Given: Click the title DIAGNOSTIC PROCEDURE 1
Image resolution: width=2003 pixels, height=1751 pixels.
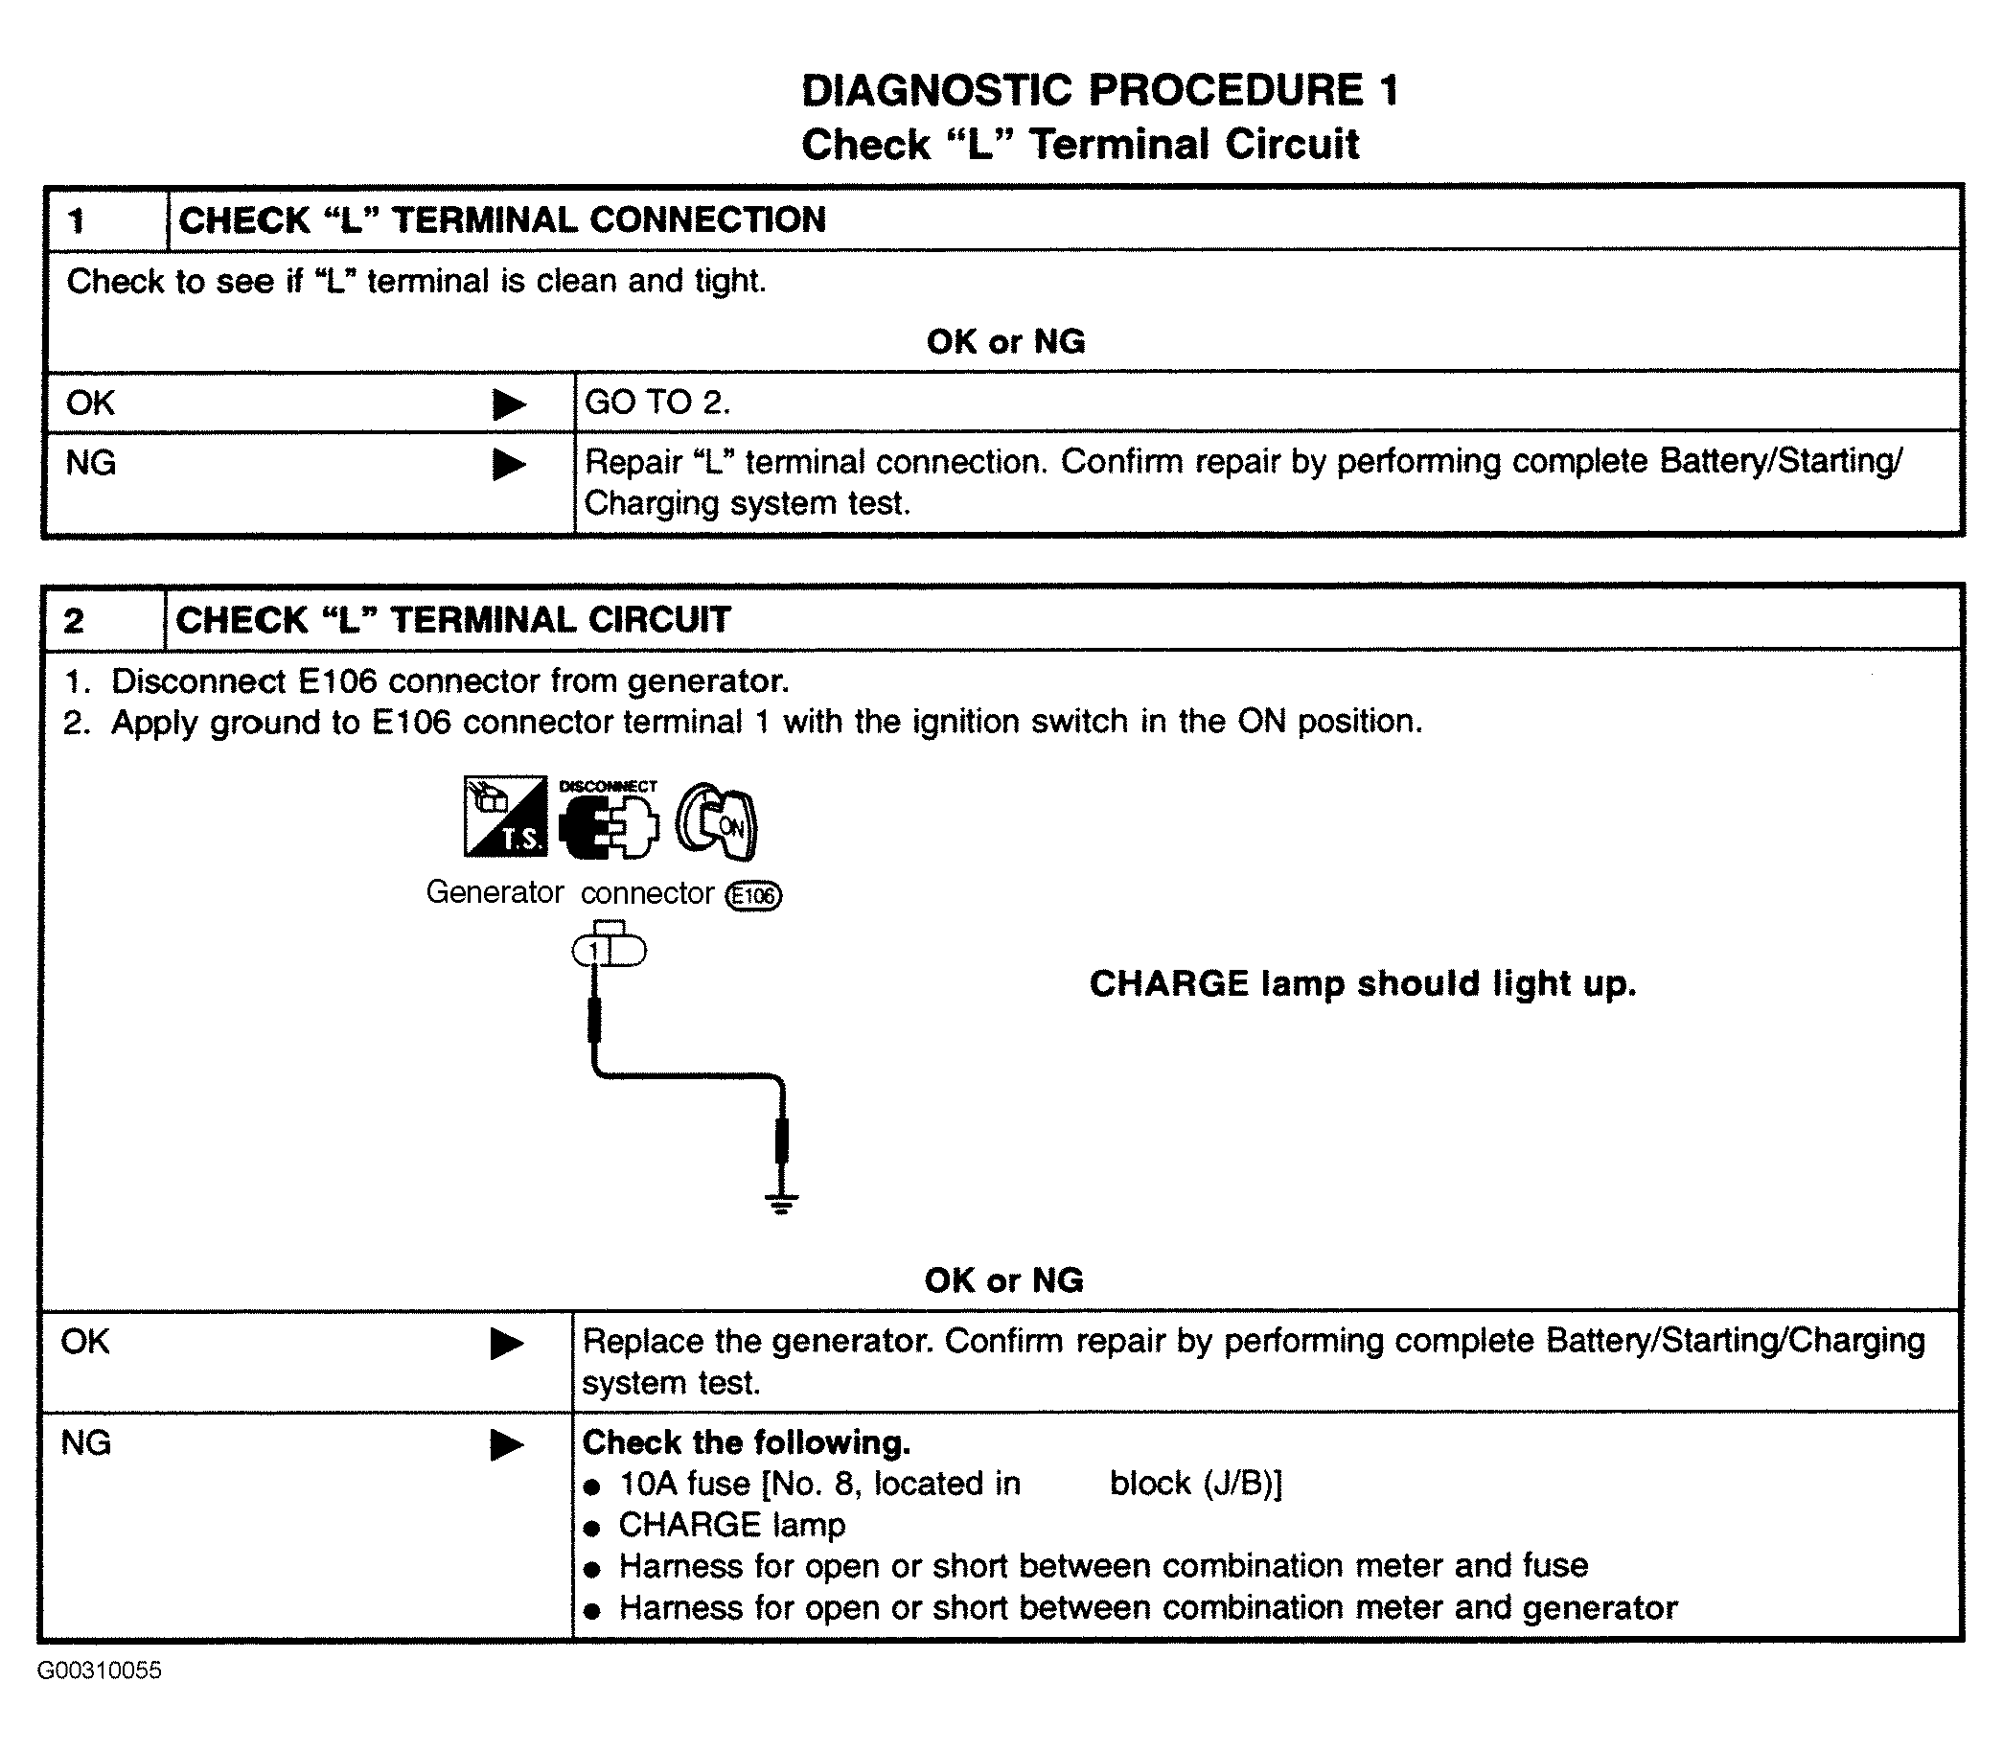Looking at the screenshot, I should pyautogui.click(x=1100, y=91).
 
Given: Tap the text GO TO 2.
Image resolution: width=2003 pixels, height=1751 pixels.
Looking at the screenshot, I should pyautogui.click(x=656, y=402).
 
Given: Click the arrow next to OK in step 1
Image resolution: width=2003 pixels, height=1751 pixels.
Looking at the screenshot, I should pyautogui.click(x=508, y=403).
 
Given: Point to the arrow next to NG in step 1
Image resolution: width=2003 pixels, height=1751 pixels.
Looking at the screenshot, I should pyautogui.click(x=508, y=464).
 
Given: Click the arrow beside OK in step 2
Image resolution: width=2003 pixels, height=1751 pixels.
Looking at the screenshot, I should pyautogui.click(x=506, y=1344).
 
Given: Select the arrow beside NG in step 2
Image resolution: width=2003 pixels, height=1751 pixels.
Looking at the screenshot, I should pyautogui.click(x=506, y=1444).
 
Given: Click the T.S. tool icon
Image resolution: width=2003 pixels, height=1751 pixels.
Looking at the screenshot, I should pyautogui.click(x=505, y=817).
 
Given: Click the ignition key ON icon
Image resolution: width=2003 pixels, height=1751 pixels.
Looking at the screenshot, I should pyautogui.click(x=718, y=822).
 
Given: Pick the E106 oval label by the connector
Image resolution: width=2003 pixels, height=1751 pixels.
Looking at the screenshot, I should pyautogui.click(x=753, y=895).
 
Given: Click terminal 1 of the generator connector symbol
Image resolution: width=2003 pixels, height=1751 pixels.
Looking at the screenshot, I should pyautogui.click(x=593, y=951).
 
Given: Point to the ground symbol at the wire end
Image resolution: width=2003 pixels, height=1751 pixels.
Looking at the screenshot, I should pyautogui.click(x=781, y=1202).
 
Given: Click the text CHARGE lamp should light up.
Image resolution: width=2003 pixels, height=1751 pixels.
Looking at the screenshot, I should pyautogui.click(x=1362, y=983).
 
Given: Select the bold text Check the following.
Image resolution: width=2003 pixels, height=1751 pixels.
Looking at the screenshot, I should pyautogui.click(x=747, y=1442).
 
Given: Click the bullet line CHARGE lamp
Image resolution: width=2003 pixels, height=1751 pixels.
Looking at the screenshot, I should pyautogui.click(x=732, y=1525).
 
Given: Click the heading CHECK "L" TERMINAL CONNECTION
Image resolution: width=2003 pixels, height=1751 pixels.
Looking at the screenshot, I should pyautogui.click(x=502, y=219).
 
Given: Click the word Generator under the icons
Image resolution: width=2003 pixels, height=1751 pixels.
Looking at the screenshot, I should pyautogui.click(x=495, y=892).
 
